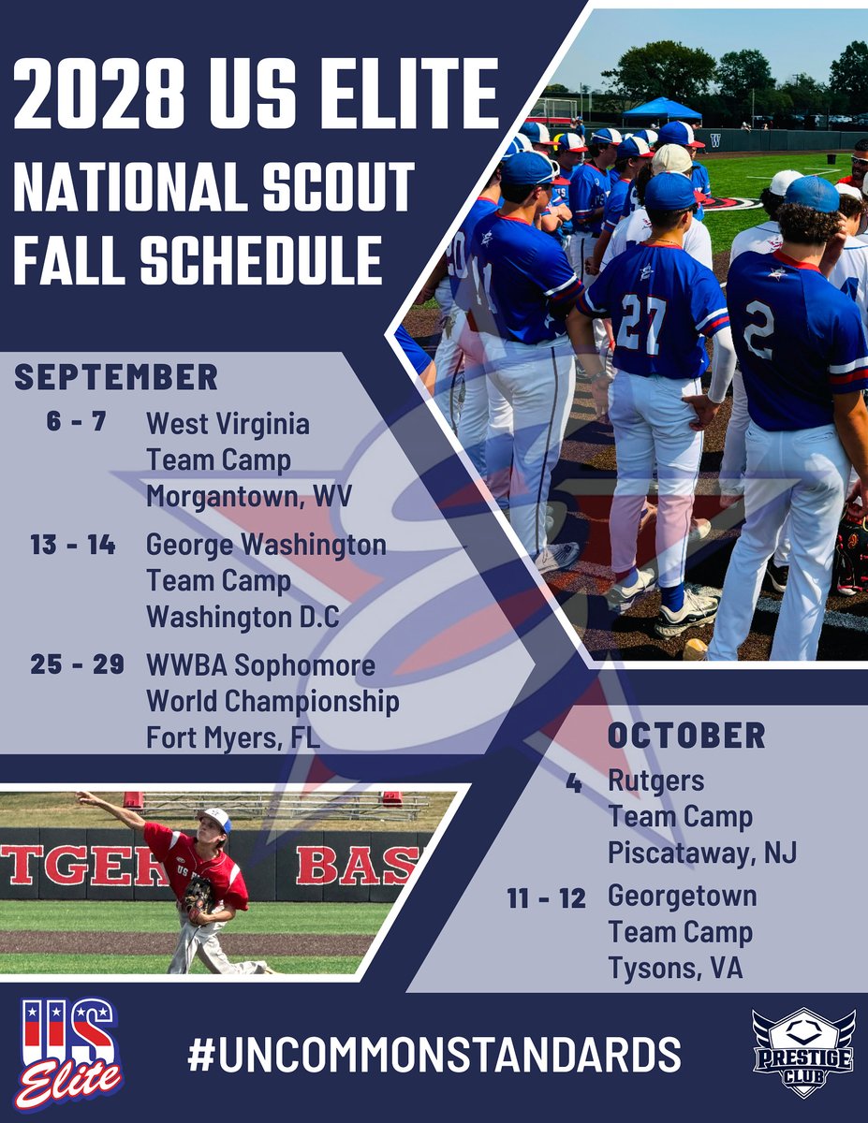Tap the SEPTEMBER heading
click(116, 377)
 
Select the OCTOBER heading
click(686, 735)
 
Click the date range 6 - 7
click(76, 422)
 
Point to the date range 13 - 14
click(73, 545)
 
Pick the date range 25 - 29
click(77, 665)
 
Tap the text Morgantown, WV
click(248, 496)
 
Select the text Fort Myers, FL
click(233, 737)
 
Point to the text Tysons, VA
click(675, 969)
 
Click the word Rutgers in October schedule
click(655, 780)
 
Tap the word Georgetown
click(682, 896)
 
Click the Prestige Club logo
click(802, 1052)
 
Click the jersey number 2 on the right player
click(758, 329)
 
